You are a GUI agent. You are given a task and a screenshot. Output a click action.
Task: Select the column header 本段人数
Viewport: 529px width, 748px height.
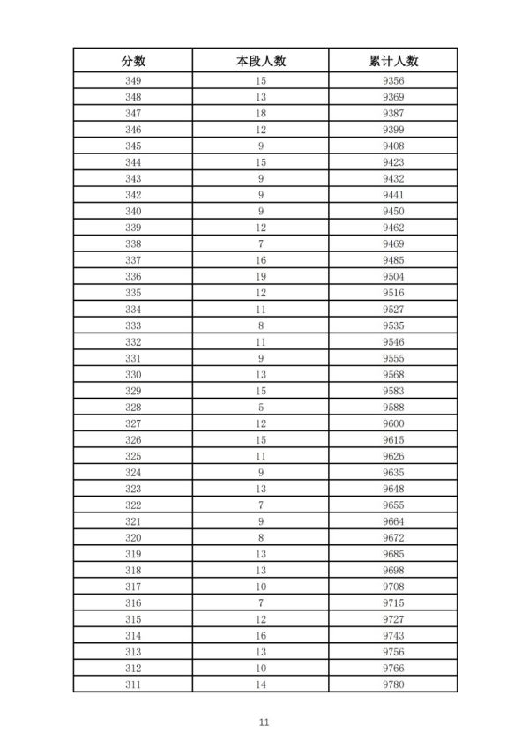pos(261,61)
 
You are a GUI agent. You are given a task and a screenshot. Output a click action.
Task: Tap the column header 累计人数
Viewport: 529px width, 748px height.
pos(393,61)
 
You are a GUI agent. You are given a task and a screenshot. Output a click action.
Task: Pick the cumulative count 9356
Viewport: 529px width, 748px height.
pos(393,81)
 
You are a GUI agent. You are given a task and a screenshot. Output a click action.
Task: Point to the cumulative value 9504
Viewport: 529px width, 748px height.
pos(393,276)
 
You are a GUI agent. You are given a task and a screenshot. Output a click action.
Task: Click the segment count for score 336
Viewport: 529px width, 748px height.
pos(261,276)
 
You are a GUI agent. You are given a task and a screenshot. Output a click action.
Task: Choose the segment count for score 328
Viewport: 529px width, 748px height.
pos(261,407)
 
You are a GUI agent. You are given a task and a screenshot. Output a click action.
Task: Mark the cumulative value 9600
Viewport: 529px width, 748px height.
pos(393,423)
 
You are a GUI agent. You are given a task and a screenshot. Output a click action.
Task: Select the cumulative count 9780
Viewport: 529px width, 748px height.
pos(393,684)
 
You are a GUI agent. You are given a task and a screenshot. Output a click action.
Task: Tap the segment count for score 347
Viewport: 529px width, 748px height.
pos(261,114)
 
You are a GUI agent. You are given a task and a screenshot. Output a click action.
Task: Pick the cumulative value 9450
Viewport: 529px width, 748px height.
pos(393,211)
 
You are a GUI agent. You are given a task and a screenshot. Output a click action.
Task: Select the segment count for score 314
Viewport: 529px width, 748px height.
pos(261,635)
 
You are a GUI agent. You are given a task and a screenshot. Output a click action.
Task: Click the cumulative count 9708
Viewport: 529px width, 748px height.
pos(393,586)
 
